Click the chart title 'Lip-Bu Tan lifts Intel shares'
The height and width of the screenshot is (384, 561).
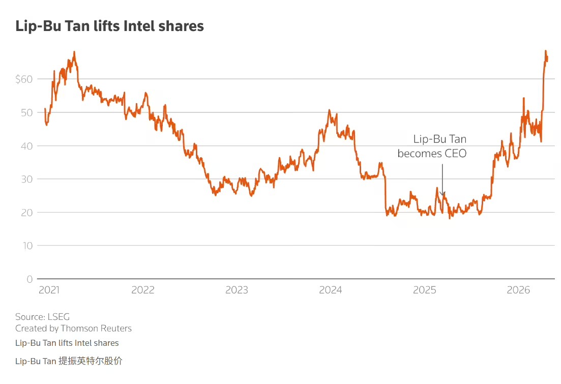coord(109,26)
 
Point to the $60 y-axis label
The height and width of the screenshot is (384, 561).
coord(24,79)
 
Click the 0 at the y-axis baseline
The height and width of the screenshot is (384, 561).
coord(29,279)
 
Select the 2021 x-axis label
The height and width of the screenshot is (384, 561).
coord(49,290)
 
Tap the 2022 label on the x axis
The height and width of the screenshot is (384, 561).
coord(142,290)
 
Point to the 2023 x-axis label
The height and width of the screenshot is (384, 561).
coord(237,290)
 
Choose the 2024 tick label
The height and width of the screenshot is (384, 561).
coord(331,290)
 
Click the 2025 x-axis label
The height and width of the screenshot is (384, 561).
coord(425,290)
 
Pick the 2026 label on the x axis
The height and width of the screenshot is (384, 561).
coord(519,290)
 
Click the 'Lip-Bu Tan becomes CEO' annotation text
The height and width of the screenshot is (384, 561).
coord(432,146)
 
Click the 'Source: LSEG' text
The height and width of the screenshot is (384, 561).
coord(42,317)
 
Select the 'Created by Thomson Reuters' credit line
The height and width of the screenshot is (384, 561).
coord(73,329)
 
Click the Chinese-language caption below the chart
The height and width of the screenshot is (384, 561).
coord(69,361)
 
